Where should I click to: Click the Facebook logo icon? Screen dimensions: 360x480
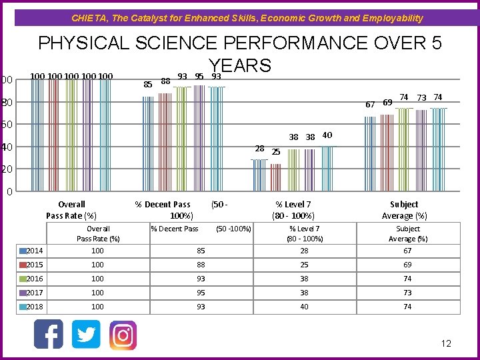(49, 334)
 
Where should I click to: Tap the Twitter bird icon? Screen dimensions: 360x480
(86, 334)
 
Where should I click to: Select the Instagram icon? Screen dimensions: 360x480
(123, 335)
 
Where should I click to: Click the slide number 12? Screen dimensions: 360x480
(446, 343)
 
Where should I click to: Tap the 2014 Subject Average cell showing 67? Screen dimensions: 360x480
(407, 251)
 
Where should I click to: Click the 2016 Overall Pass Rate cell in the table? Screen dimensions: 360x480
(98, 279)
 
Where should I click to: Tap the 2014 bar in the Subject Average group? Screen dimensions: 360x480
(370, 154)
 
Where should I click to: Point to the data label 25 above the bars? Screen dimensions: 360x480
(276, 152)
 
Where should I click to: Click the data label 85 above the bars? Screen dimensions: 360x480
(148, 84)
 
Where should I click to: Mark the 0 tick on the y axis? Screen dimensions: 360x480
(9, 193)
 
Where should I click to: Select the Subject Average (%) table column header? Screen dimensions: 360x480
(407, 233)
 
